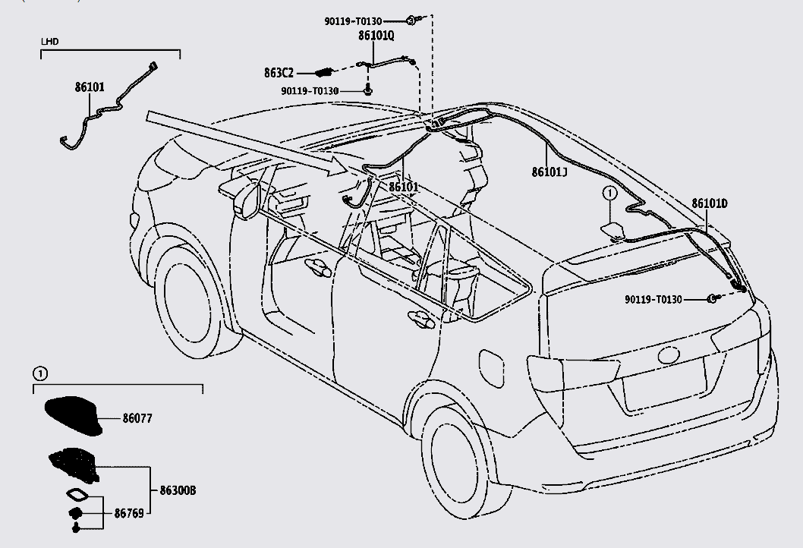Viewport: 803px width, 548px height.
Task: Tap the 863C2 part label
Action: tap(279, 72)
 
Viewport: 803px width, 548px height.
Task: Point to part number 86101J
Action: tap(550, 172)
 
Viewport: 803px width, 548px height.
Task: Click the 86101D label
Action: tap(710, 203)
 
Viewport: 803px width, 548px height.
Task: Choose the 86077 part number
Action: tap(137, 418)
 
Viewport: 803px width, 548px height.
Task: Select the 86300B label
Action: tap(178, 491)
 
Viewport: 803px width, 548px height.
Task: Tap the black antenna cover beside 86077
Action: tap(74, 416)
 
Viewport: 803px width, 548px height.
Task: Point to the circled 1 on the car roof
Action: tap(608, 194)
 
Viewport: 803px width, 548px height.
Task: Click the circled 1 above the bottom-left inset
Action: tap(39, 373)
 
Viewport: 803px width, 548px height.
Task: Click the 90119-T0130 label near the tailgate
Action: tap(653, 300)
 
